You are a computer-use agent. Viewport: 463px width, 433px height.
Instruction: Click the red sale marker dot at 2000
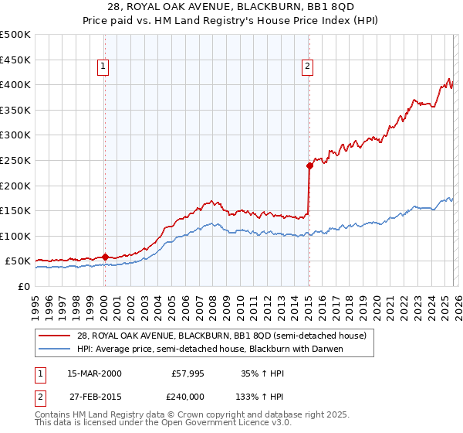105,257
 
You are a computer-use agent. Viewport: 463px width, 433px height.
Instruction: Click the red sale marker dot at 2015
309,165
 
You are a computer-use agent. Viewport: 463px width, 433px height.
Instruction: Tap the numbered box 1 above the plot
103,67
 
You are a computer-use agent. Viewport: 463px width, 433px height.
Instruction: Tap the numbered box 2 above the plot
308,67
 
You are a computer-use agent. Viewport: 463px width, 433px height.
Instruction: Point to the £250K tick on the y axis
15,160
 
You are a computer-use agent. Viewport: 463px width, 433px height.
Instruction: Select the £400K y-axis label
15,85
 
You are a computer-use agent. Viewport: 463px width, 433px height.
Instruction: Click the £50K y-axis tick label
19,261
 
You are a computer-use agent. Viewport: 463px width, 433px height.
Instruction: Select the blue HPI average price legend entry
209,348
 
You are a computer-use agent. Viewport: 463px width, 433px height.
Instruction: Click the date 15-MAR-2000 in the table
94,373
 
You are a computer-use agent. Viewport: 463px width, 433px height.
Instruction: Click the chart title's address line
231,7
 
